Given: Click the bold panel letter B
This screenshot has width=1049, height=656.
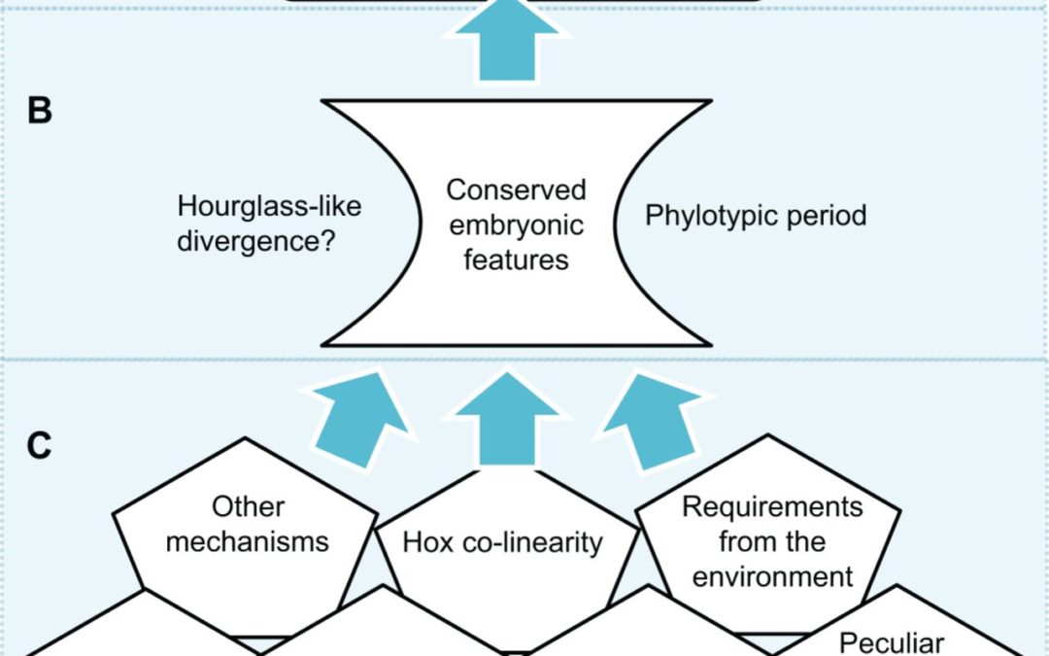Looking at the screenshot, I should pyautogui.click(x=39, y=111).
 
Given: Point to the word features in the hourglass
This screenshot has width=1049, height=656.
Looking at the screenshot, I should pyautogui.click(x=516, y=259).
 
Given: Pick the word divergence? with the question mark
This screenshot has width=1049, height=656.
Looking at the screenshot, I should pyautogui.click(x=255, y=240).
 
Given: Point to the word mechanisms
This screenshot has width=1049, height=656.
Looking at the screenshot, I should pyautogui.click(x=247, y=540).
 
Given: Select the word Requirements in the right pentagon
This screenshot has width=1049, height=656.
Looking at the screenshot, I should pyautogui.click(x=772, y=506).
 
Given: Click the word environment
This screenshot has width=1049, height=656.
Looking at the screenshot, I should pyautogui.click(x=772, y=576).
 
